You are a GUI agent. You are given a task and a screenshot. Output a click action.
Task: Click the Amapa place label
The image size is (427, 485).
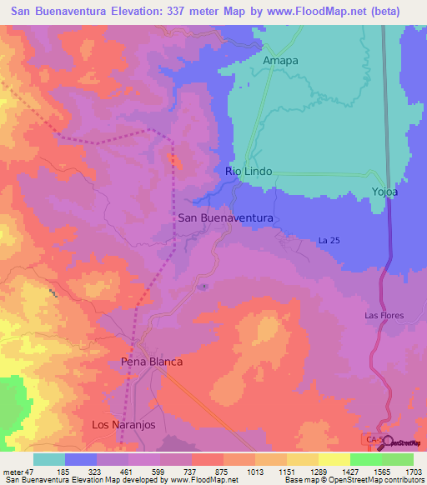pyautogui.click(x=280, y=61)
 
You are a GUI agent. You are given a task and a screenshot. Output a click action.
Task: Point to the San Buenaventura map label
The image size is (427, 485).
pyautogui.click(x=226, y=217)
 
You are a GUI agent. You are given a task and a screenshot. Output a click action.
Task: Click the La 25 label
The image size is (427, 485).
pyautogui.click(x=329, y=241)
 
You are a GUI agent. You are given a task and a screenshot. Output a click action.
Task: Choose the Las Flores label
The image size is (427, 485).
pyautogui.click(x=383, y=316)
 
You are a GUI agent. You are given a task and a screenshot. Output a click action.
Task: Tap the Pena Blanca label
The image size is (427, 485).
pyautogui.click(x=152, y=362)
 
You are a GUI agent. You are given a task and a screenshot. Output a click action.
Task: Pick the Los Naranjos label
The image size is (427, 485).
pyautogui.click(x=123, y=425)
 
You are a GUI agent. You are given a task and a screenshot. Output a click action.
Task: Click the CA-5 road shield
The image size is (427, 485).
pyautogui.click(x=373, y=437)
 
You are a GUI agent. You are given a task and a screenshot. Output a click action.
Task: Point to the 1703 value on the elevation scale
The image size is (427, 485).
pyautogui.click(x=414, y=471)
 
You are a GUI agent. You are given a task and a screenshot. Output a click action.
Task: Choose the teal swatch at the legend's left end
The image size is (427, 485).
pyautogui.click(x=49, y=459)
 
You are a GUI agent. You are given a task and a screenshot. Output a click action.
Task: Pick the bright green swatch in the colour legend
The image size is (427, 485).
pyautogui.click(x=365, y=459)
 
